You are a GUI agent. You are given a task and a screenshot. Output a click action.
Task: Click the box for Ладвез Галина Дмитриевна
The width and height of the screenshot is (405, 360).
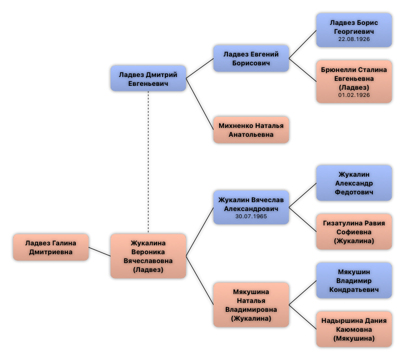pyautogui.click(x=51, y=248)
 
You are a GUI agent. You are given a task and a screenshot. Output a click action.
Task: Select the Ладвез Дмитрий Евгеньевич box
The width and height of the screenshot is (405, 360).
pyautogui.click(x=148, y=79)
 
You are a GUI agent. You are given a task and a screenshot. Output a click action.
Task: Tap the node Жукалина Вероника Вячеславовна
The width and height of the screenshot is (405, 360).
pyautogui.click(x=148, y=256)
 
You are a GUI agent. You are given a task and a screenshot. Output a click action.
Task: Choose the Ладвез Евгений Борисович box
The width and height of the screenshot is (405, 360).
pyautogui.click(x=251, y=58)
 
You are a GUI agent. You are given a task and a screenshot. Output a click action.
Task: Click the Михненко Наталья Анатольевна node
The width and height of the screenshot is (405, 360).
pyautogui.click(x=251, y=130)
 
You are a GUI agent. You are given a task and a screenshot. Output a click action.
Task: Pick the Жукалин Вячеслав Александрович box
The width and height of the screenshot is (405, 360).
pyautogui.click(x=251, y=207)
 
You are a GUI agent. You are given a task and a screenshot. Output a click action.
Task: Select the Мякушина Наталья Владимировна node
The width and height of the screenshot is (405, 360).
pyautogui.click(x=251, y=305)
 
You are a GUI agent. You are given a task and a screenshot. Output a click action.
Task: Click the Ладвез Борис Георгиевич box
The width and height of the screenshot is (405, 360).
pyautogui.click(x=354, y=30)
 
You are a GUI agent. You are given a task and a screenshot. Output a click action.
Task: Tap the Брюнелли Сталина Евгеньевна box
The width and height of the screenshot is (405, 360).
pyautogui.click(x=354, y=81)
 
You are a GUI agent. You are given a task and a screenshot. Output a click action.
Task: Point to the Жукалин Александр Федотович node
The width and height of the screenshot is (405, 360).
pyautogui.click(x=354, y=183)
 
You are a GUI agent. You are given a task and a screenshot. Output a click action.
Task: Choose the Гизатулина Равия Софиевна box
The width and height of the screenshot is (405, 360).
pyautogui.click(x=354, y=232)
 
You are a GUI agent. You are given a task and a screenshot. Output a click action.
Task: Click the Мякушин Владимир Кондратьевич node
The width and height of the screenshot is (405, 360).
pyautogui.click(x=354, y=280)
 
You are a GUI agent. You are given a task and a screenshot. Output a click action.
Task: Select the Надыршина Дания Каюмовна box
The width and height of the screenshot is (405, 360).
pyautogui.click(x=354, y=329)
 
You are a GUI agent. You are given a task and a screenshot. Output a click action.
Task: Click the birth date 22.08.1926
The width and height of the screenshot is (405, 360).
pyautogui.click(x=354, y=39)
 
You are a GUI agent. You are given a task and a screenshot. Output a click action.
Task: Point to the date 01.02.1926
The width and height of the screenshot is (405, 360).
pyautogui.click(x=354, y=95)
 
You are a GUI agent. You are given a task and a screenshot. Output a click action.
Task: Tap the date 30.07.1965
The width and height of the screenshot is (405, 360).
pyautogui.click(x=251, y=217)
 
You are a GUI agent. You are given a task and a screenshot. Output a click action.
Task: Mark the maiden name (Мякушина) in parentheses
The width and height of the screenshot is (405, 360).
pyautogui.click(x=354, y=338)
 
